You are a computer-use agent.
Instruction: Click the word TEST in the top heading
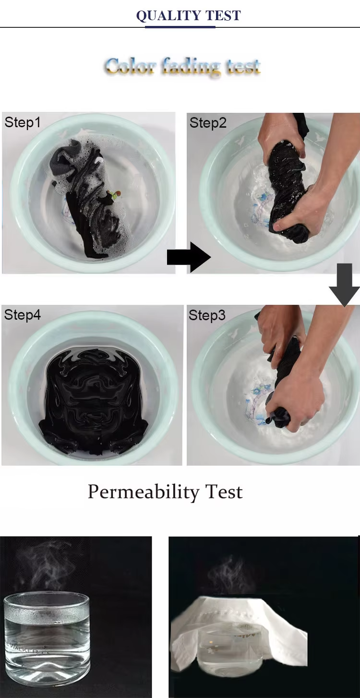223,16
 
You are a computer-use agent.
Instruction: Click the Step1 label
23,122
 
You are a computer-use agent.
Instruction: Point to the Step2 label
207,123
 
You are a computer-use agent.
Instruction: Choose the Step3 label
207,315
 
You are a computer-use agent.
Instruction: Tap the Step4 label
23,315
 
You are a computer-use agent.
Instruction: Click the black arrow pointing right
188,257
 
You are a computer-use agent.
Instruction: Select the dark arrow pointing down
344,286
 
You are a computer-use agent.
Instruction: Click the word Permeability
143,492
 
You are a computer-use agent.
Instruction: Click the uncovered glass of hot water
47,634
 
